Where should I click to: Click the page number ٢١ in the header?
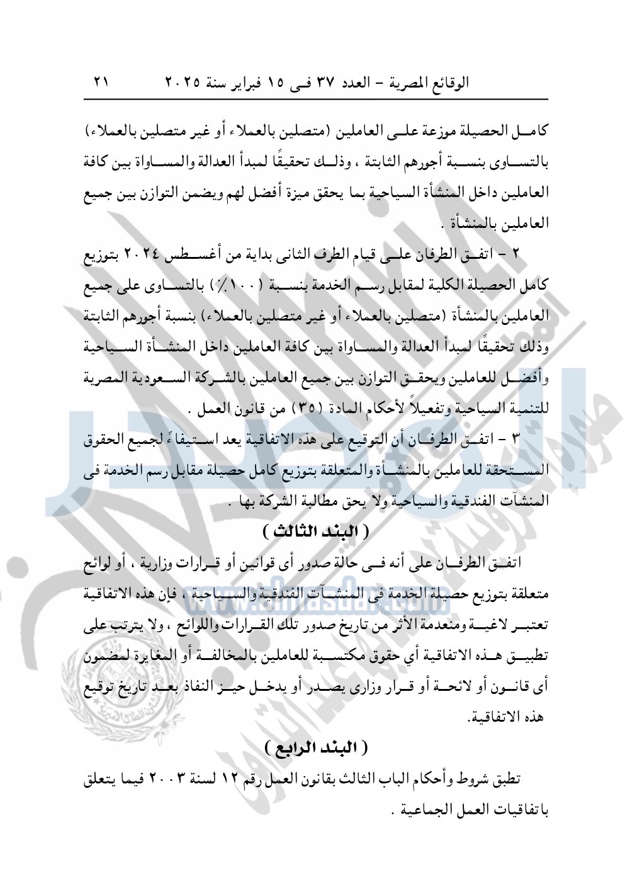click(x=101, y=82)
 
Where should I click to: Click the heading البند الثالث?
click(x=315, y=530)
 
